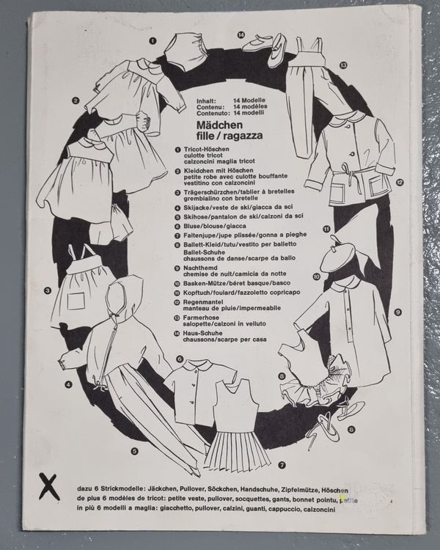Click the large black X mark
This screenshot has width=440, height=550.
tap(49, 485)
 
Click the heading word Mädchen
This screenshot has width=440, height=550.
tap(219, 125)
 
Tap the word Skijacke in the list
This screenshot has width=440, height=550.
tap(195, 208)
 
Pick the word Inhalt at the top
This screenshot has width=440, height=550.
tap(205, 100)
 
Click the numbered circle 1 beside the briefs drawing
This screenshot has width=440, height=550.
tap(153, 40)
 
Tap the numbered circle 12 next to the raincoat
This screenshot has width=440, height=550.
tap(399, 183)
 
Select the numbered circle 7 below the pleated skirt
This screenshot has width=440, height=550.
tap(282, 466)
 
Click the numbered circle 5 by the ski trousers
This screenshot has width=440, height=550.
tap(134, 452)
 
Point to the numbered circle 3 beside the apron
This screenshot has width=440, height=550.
tap(48, 290)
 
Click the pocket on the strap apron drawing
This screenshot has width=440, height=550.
tap(76, 301)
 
